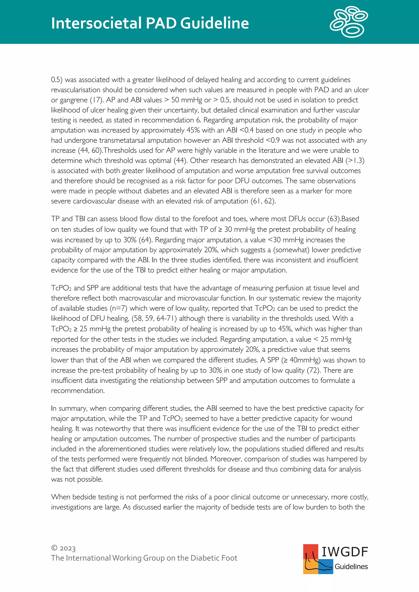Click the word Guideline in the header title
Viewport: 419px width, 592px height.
pos(214,23)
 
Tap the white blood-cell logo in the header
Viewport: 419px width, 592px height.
pos(349,22)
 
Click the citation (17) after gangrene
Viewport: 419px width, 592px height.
pos(97,100)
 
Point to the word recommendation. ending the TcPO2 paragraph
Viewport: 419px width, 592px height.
pos(78,391)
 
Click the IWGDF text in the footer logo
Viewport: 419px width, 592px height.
pos(345,552)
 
